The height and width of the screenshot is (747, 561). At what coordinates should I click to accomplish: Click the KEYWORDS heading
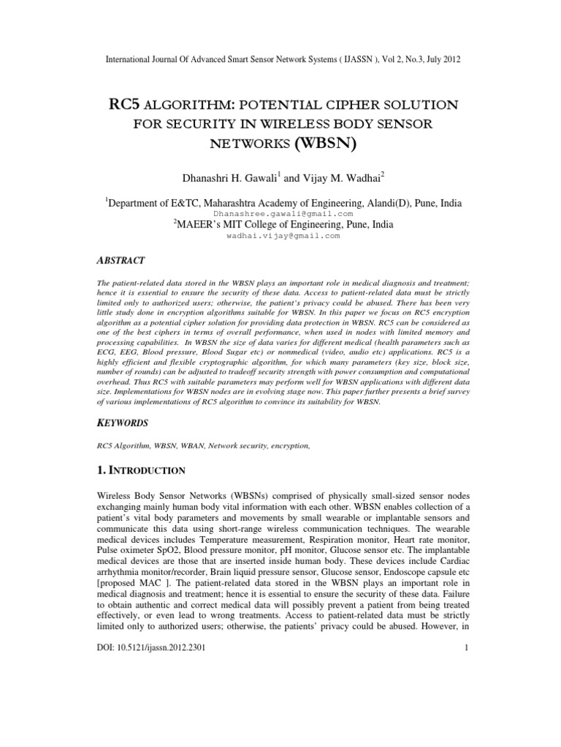coord(122,422)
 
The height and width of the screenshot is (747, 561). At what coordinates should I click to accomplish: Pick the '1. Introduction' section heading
coord(142,470)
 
